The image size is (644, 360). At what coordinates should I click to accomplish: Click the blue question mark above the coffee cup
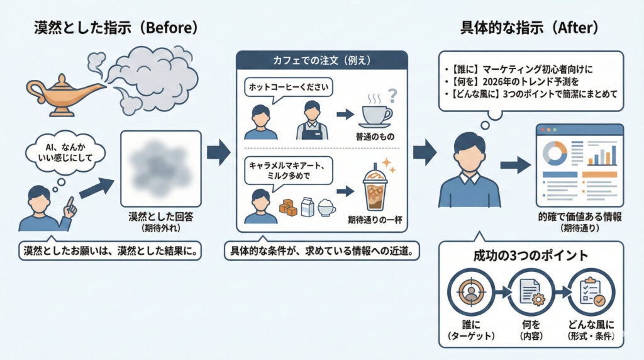tap(394, 95)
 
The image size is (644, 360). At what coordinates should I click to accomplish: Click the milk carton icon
tap(307, 206)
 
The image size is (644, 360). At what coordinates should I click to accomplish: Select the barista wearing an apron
tap(312, 120)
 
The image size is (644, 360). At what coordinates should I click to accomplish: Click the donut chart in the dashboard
tap(554, 153)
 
